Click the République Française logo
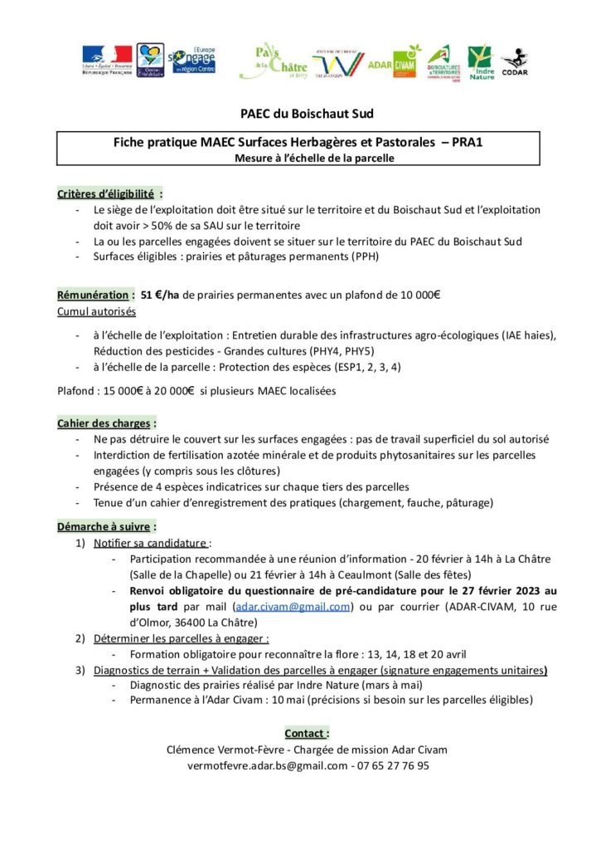click(105, 60)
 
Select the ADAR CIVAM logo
click(392, 61)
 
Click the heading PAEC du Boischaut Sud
click(300, 114)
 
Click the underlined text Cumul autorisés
click(95, 310)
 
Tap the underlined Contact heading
click(306, 733)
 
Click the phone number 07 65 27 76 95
click(391, 766)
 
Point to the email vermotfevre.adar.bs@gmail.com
click(268, 766)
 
